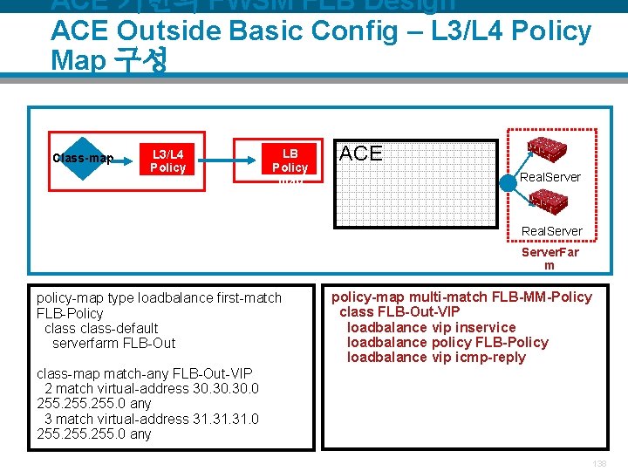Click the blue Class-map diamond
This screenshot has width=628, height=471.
[82, 158]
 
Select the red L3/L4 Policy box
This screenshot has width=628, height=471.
[167, 160]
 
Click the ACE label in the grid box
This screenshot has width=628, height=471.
[361, 154]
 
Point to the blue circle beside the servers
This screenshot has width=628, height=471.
[509, 184]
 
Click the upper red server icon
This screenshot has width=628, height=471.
[549, 147]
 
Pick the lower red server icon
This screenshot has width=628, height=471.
[549, 202]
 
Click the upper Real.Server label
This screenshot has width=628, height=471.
[550, 177]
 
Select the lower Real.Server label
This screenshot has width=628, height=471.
[551, 231]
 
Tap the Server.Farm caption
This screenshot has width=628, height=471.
[549, 258]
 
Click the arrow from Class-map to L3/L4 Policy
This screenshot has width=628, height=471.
[126, 158]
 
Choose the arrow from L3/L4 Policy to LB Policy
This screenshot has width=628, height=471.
[214, 159]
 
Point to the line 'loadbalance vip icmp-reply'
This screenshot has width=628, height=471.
[436, 357]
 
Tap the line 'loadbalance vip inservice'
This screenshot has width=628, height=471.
[431, 327]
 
